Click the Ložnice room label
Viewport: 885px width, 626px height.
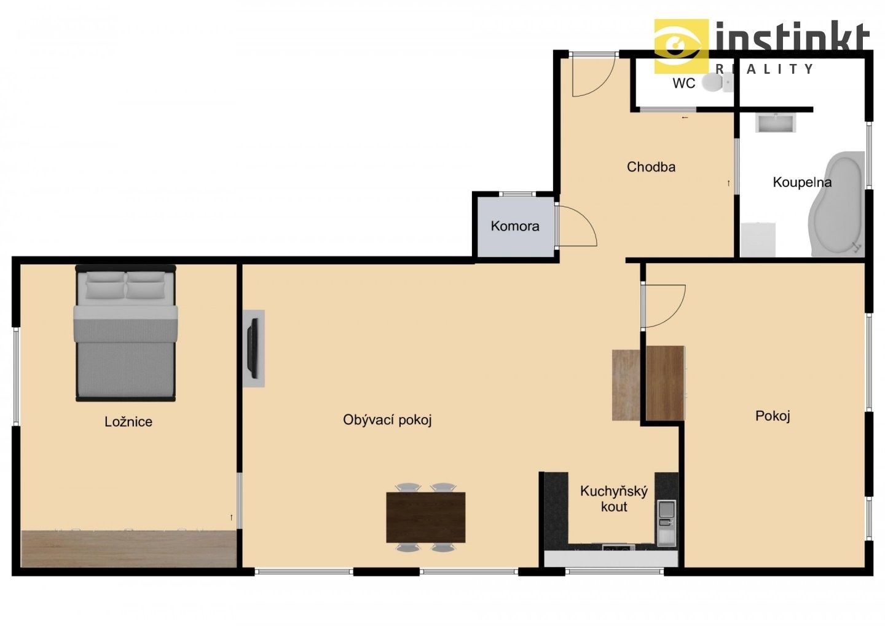click(128, 422)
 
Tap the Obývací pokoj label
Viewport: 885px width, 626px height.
click(387, 420)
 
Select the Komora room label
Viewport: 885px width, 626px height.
click(515, 226)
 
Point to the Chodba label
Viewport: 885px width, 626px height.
click(651, 167)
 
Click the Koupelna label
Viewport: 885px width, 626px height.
click(801, 182)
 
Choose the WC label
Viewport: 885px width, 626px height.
click(683, 83)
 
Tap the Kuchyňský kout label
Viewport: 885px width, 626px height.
click(614, 499)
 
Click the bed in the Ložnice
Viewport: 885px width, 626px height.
click(125, 333)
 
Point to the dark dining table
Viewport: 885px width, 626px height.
click(425, 517)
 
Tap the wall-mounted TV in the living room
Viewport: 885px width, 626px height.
click(252, 348)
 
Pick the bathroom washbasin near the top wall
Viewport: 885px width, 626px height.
click(776, 123)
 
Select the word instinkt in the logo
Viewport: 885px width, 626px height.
click(792, 38)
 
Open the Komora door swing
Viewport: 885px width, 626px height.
click(576, 226)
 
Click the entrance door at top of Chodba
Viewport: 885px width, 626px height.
click(592, 74)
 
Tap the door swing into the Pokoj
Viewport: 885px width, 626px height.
click(663, 306)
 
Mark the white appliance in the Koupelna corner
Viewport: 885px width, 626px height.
click(758, 239)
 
